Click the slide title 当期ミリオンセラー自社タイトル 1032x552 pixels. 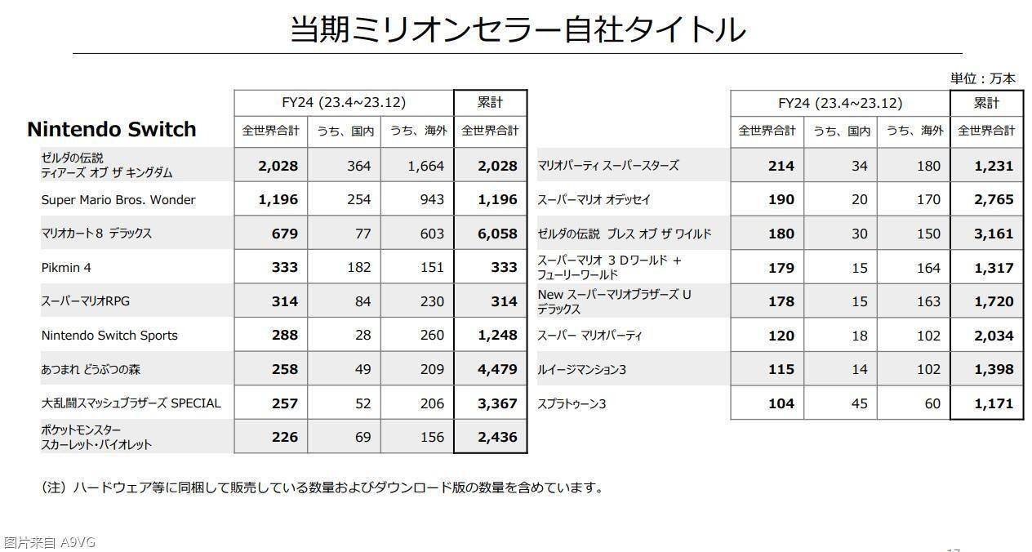(x=518, y=29)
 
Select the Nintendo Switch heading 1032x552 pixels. (x=112, y=129)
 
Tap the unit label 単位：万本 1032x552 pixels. (x=982, y=78)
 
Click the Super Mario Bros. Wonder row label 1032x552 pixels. (x=118, y=200)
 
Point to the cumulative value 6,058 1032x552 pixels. (x=497, y=234)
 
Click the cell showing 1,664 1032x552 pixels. (x=426, y=166)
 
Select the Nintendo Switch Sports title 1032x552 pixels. (x=109, y=336)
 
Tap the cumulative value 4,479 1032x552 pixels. (x=497, y=369)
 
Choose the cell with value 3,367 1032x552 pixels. (x=497, y=403)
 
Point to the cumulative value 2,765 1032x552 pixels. (x=993, y=200)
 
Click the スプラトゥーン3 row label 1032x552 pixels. (x=572, y=403)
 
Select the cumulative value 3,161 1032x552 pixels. (x=993, y=234)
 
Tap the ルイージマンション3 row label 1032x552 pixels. (x=581, y=370)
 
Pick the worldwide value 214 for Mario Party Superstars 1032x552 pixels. (x=781, y=166)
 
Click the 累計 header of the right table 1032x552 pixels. (x=986, y=103)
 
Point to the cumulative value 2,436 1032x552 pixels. (x=497, y=437)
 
